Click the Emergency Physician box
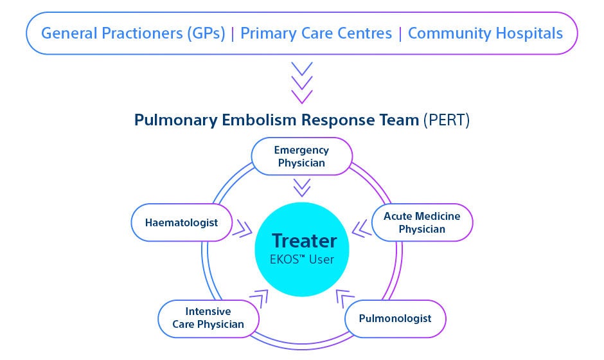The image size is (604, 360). point(301,157)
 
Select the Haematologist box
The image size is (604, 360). point(181,223)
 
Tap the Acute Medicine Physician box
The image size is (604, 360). point(422,222)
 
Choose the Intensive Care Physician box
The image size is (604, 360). point(208,318)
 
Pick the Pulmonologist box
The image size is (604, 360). point(395,318)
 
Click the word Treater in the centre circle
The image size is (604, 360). point(304,241)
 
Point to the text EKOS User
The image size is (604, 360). point(304,260)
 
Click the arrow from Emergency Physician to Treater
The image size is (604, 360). point(302,187)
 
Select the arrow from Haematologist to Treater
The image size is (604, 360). point(243,227)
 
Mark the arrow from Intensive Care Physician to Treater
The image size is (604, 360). point(260,297)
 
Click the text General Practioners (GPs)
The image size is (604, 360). point(133,33)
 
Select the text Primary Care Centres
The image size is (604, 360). point(316,33)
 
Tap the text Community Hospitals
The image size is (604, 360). point(485,33)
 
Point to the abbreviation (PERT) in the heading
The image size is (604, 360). point(447,120)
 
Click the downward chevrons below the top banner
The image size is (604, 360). point(302,83)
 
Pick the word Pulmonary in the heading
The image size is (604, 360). point(173,120)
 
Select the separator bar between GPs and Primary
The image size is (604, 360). point(233,33)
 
